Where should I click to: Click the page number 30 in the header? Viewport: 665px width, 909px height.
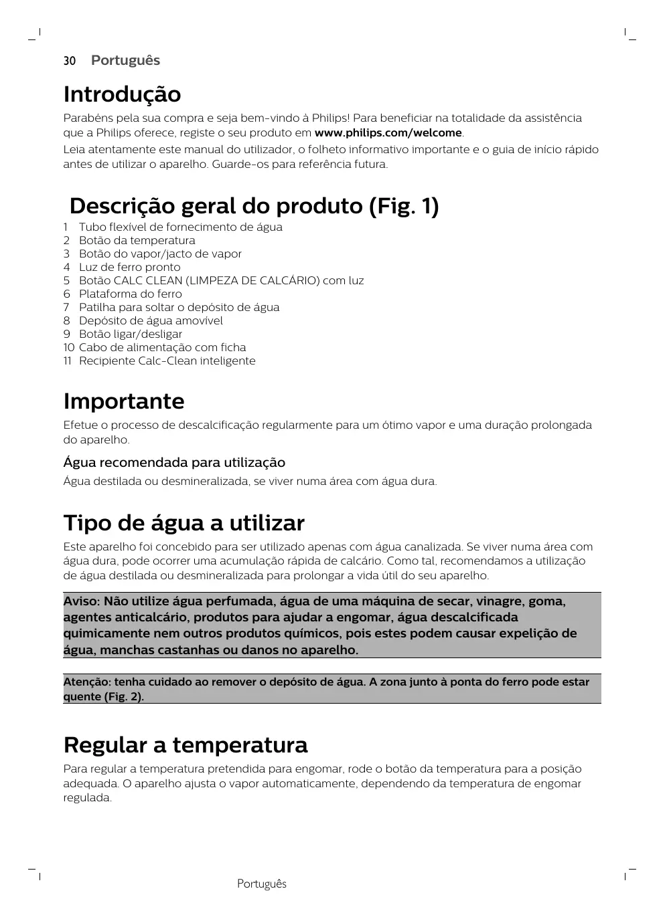coord(70,61)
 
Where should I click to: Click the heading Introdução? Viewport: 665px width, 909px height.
coord(122,94)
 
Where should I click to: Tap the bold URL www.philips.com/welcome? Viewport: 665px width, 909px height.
coord(388,132)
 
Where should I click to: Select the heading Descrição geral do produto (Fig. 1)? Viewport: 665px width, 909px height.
coord(254,206)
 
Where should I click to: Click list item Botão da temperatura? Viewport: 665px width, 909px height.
coord(137,241)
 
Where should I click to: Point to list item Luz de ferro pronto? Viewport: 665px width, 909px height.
coord(129,268)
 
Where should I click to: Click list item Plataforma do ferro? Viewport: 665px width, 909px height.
coord(130,294)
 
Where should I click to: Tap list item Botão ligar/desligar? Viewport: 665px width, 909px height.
coord(130,334)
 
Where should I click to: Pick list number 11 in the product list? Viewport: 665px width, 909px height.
coord(68,361)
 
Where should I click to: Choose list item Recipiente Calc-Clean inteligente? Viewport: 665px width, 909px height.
coord(167,361)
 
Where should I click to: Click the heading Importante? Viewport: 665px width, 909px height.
coord(123,401)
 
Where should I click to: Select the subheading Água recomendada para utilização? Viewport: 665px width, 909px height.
coord(174,463)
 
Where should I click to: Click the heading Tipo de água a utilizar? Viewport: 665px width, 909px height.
coord(183,523)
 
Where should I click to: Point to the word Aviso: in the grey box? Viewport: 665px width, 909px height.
coord(81,601)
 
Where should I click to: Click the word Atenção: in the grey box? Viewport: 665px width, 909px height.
coord(87,682)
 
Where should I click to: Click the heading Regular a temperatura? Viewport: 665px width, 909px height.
coord(186,745)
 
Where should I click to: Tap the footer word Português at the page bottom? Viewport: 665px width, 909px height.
coord(261,884)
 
